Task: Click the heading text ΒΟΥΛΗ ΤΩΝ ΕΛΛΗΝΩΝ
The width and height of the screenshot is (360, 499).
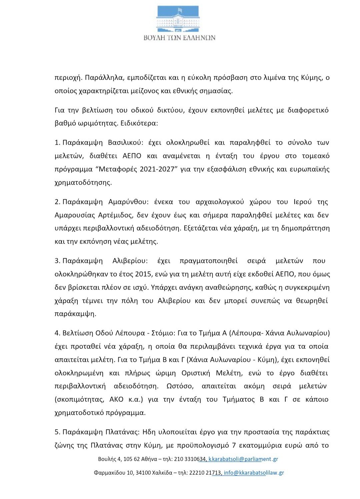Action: point(179,38)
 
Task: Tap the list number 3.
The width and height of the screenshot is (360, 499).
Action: point(57,261)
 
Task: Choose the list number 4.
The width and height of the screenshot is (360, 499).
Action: point(57,333)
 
